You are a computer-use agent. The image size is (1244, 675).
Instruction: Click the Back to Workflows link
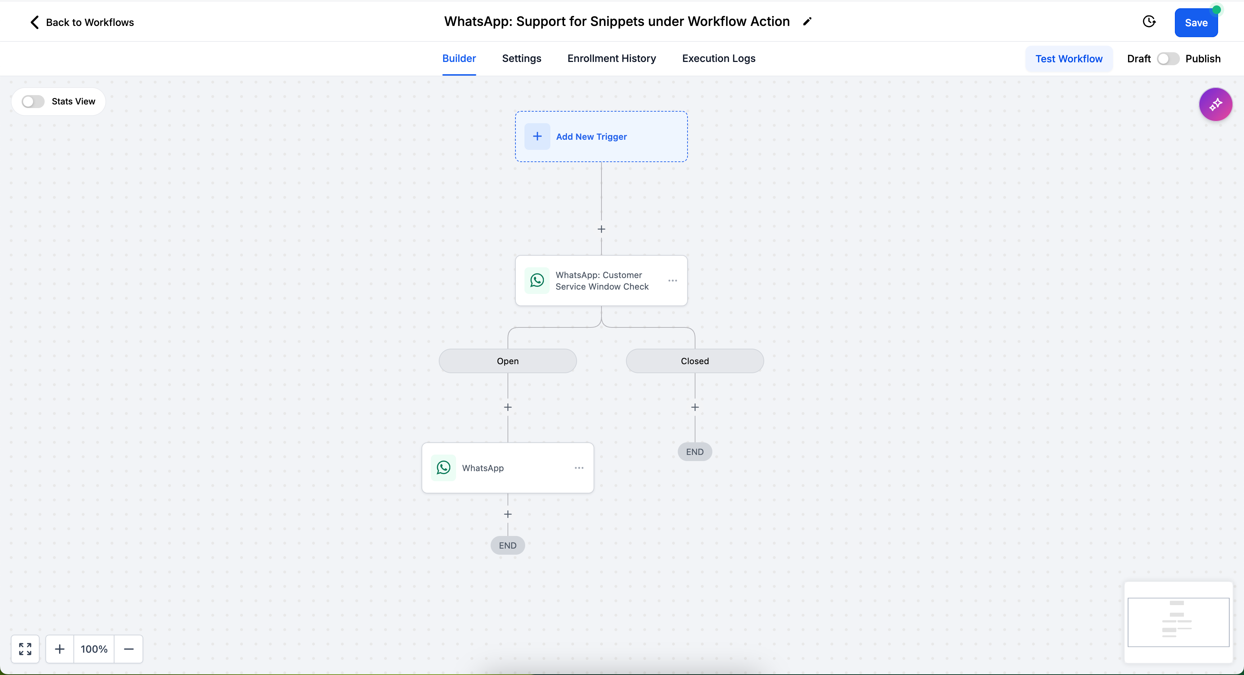tap(82, 22)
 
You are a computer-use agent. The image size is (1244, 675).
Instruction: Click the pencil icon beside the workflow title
tap(807, 21)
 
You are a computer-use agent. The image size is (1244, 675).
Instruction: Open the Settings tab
tap(522, 58)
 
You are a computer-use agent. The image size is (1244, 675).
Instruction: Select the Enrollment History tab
tap(611, 58)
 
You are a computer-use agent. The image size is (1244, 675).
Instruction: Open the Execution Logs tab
tap(718, 58)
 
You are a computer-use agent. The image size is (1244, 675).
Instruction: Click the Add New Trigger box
tap(601, 137)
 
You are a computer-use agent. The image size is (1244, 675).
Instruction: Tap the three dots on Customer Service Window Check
tap(673, 281)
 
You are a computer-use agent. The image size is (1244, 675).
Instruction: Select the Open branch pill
tap(508, 361)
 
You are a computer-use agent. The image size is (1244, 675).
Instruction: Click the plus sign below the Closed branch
tap(695, 407)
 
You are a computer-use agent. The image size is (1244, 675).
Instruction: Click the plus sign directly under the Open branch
tap(508, 407)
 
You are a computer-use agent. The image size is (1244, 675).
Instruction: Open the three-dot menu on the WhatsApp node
tap(579, 468)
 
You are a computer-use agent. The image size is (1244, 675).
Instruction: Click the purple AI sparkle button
tap(1216, 104)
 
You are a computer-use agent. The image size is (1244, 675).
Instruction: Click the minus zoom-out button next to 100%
tap(129, 649)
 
